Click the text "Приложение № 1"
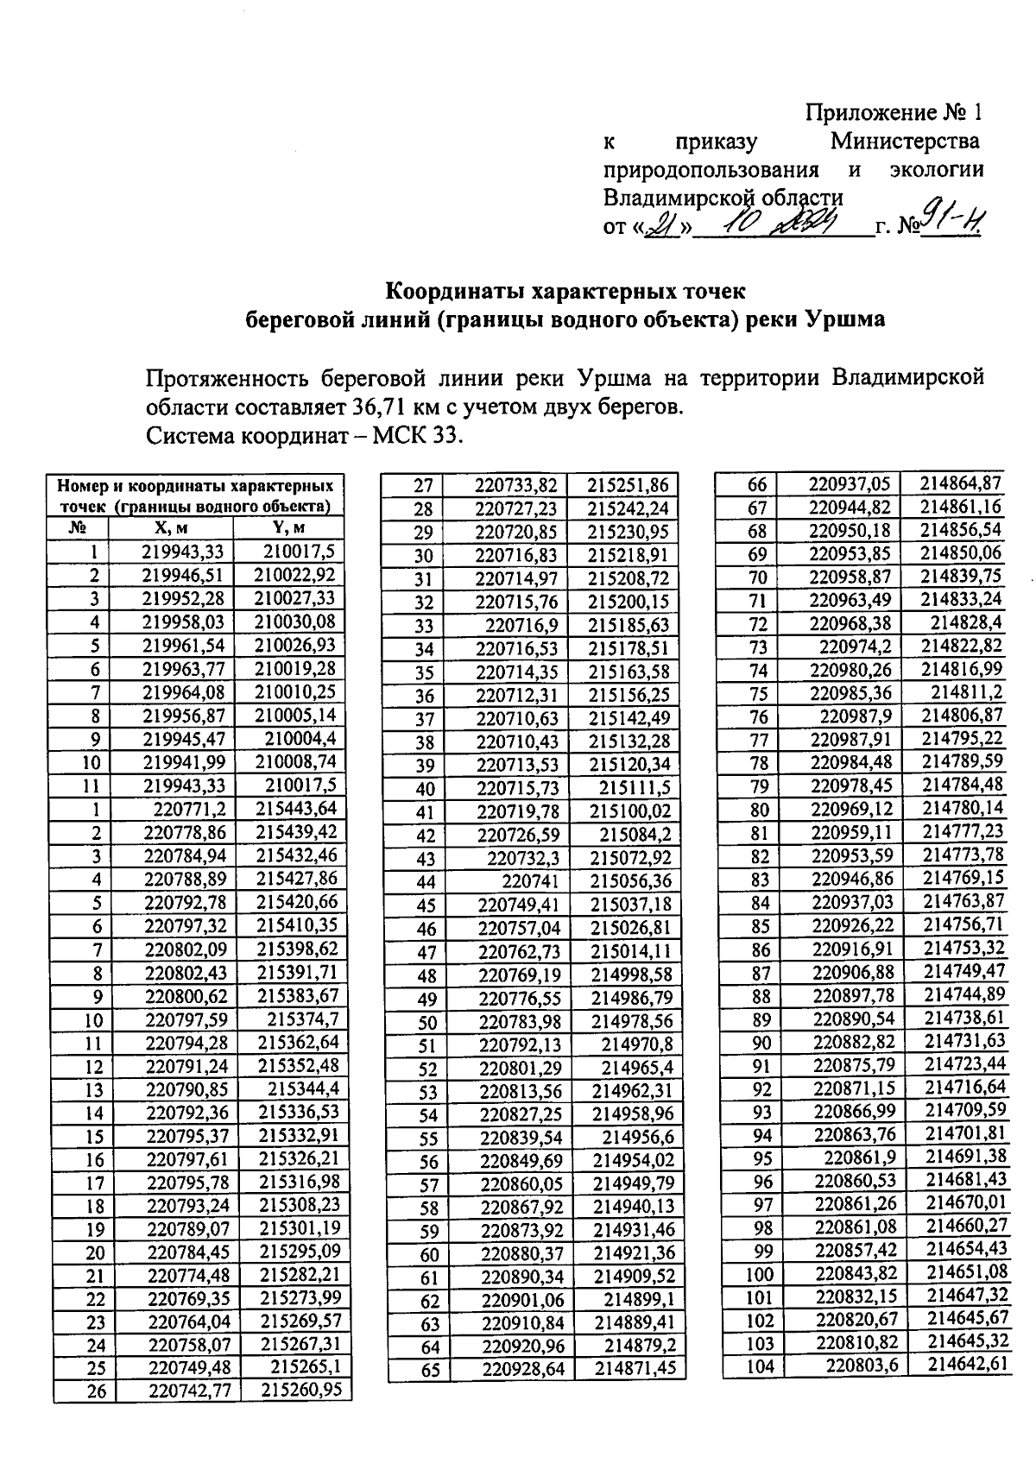[x=893, y=113]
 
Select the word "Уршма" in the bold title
[x=845, y=319]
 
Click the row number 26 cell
[x=95, y=1391]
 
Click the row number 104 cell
[x=760, y=1366]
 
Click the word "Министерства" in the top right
[x=905, y=141]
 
